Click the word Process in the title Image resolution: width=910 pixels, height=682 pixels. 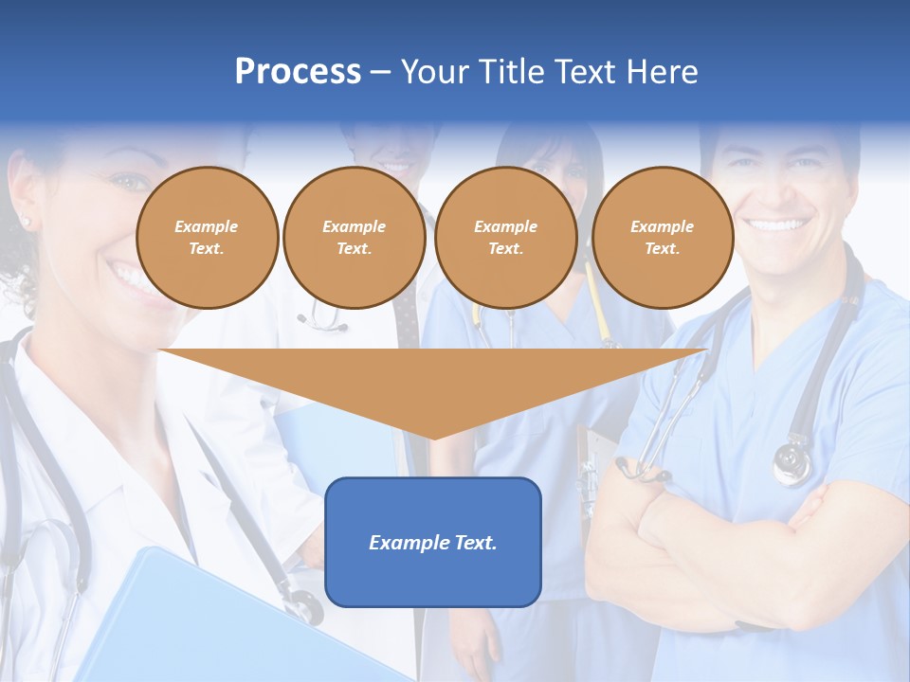(298, 72)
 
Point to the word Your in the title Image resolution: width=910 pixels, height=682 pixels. (435, 72)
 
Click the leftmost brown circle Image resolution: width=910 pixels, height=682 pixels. (207, 238)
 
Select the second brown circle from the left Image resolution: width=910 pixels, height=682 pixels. (354, 238)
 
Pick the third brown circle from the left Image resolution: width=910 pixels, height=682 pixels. (505, 238)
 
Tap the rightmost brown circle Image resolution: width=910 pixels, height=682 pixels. (662, 238)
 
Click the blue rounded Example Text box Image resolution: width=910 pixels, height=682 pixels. (433, 542)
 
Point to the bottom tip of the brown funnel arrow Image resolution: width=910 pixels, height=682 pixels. (433, 437)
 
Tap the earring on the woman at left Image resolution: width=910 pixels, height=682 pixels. (26, 222)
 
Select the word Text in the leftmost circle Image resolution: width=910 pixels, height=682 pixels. (206, 249)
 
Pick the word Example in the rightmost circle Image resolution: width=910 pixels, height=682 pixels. (662, 226)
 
